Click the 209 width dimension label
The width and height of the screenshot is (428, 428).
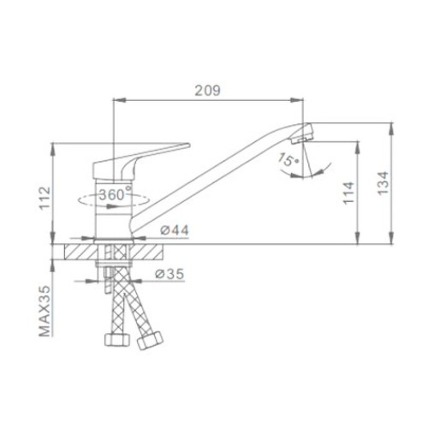[207, 91]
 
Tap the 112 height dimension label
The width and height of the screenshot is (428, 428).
[45, 199]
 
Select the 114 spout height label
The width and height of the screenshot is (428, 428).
[348, 193]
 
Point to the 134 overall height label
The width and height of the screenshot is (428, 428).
[383, 183]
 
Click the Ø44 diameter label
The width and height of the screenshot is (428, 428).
[175, 230]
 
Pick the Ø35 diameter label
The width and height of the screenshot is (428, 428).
[169, 274]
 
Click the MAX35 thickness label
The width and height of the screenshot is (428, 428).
[45, 311]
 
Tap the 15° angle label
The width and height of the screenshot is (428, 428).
[288, 159]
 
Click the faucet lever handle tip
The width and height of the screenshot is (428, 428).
[188, 145]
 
